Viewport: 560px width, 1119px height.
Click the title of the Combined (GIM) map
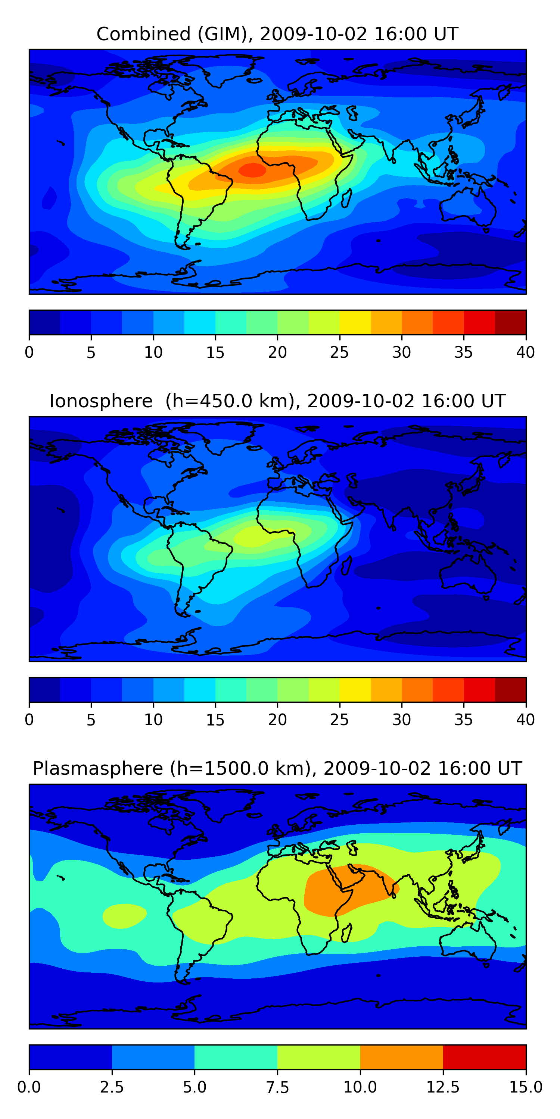point(277,34)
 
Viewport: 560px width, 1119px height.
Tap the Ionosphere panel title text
point(277,401)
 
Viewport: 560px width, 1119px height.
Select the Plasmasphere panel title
point(277,768)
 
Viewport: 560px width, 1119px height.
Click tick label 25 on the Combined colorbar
point(339,352)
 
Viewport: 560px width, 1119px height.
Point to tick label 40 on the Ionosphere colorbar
point(525,720)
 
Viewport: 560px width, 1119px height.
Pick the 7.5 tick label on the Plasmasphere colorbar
point(277,1087)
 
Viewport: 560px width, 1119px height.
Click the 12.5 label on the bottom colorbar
point(443,1087)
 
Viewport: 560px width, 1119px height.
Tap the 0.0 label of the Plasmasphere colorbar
point(29,1087)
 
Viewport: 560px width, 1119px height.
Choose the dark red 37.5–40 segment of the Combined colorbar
point(510,322)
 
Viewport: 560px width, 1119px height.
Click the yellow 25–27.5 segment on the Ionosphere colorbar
point(355,689)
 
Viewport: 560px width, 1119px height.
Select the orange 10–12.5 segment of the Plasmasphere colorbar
point(401,1057)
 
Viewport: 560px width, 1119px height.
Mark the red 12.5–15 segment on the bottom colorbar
point(484,1057)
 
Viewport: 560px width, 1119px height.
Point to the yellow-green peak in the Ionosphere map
point(252,537)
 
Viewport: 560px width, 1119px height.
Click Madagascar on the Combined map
point(346,198)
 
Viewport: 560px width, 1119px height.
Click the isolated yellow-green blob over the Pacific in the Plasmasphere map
point(124,915)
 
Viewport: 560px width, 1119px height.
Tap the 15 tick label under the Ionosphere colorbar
point(215,720)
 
